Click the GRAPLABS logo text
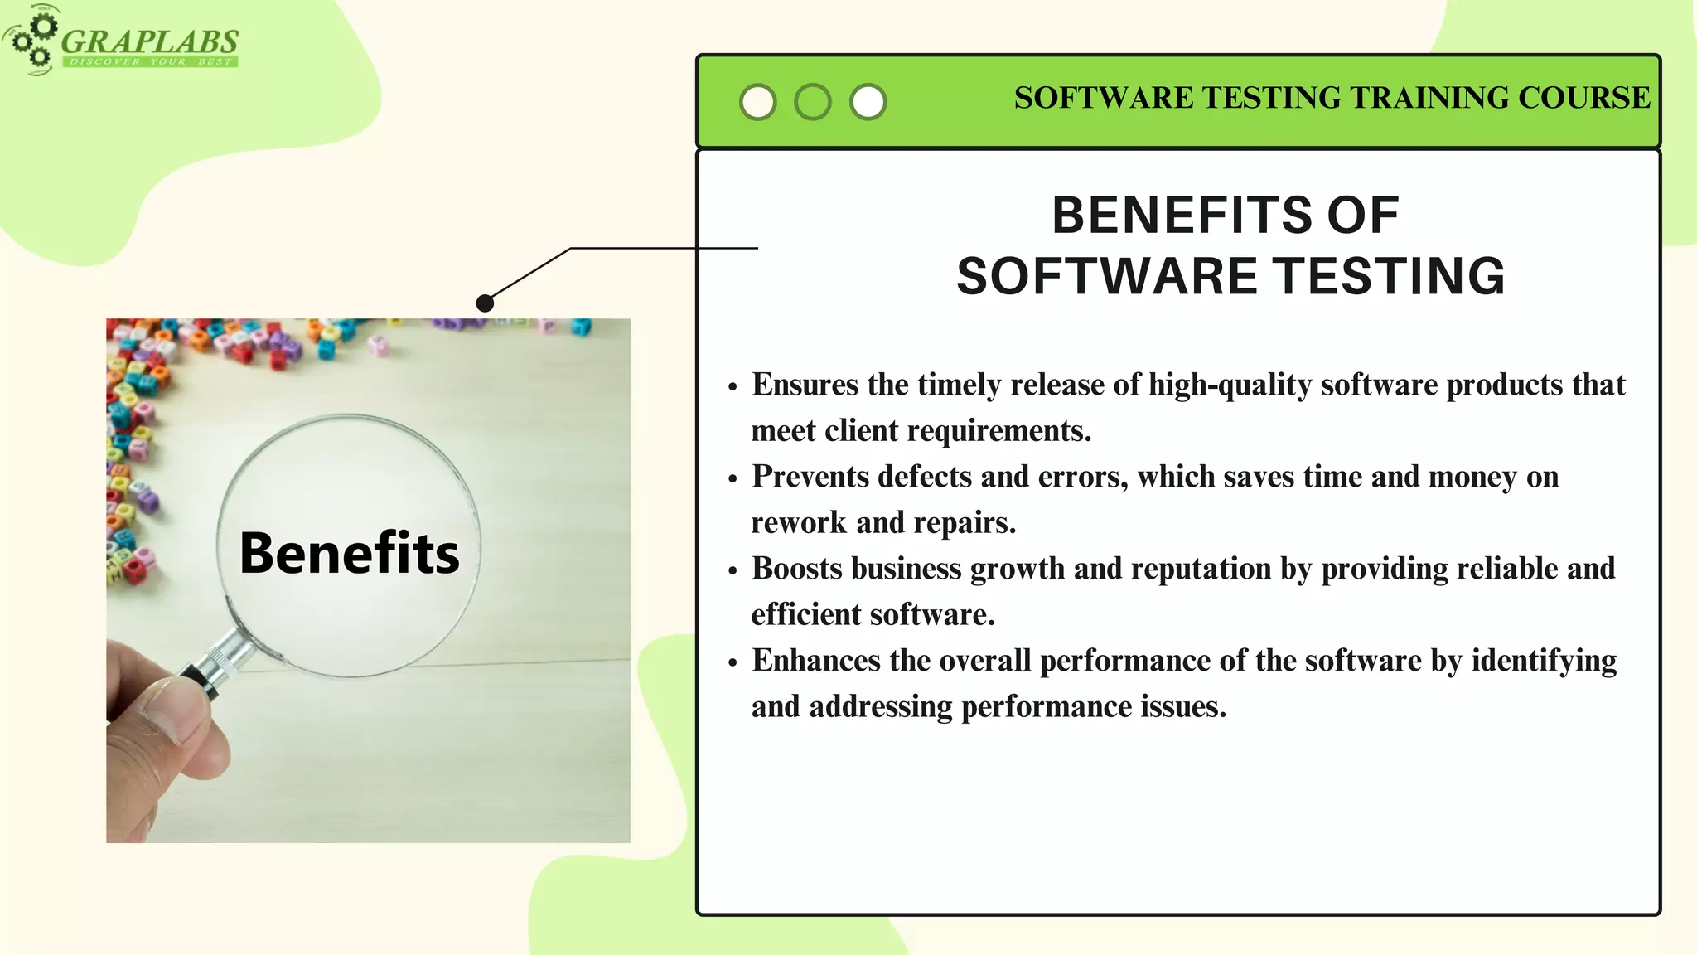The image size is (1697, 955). pyautogui.click(x=149, y=41)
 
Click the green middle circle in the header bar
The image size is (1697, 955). pyautogui.click(x=813, y=102)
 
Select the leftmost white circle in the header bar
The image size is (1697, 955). pyautogui.click(x=757, y=102)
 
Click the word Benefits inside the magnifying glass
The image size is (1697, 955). pyautogui.click(x=349, y=553)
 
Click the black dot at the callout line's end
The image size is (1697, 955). pyautogui.click(x=486, y=303)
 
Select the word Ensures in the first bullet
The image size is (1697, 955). pyautogui.click(x=805, y=385)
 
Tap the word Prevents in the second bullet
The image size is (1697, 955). pyautogui.click(x=810, y=477)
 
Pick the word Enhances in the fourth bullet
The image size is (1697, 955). pyautogui.click(x=815, y=661)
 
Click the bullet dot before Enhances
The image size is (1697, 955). pyautogui.click(x=732, y=663)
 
